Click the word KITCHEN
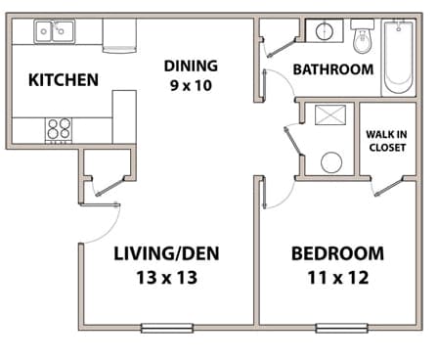point(63,79)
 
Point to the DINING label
point(190,67)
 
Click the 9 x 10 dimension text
point(190,85)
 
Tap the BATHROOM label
point(333,69)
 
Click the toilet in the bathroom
point(363,40)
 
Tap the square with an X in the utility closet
point(328,116)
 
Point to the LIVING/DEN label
point(165,254)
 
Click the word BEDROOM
point(337,254)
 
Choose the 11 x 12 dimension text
point(337,277)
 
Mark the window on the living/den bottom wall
point(167,327)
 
